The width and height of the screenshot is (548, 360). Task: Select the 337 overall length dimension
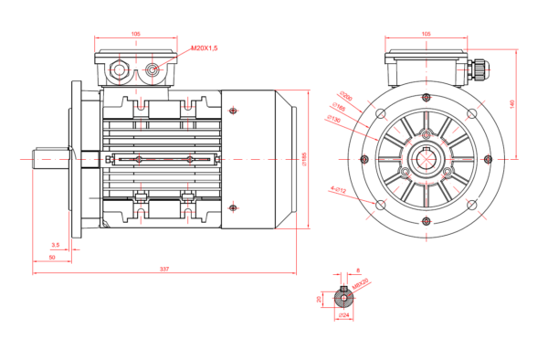(x=164, y=269)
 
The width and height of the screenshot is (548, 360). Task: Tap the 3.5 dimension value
(x=56, y=245)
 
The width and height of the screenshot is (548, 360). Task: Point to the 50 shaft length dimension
(x=52, y=259)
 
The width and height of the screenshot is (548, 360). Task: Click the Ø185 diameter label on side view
(x=303, y=157)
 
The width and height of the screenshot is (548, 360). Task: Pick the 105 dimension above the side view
(x=136, y=34)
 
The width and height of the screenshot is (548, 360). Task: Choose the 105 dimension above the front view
(x=426, y=34)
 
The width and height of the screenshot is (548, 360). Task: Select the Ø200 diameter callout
(x=344, y=94)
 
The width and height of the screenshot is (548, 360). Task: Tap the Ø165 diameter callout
(x=339, y=107)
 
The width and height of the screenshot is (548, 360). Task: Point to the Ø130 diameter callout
(x=333, y=119)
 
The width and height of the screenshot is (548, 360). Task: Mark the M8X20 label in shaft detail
(x=361, y=283)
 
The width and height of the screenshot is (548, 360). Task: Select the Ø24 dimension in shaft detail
(x=343, y=314)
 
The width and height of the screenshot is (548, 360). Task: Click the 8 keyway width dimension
(x=357, y=270)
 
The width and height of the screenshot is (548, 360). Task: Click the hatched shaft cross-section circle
(x=343, y=297)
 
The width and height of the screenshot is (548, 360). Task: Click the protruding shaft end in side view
(x=50, y=157)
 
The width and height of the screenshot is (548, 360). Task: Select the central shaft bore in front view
(x=426, y=157)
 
